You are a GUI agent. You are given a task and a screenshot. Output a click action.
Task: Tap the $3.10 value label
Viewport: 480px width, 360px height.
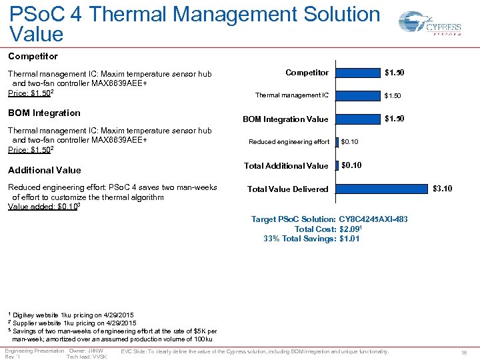pos(442,189)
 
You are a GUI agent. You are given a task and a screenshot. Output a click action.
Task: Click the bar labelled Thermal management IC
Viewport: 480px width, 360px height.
pos(357,95)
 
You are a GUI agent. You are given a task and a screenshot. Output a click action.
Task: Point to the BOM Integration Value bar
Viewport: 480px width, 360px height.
pos(357,119)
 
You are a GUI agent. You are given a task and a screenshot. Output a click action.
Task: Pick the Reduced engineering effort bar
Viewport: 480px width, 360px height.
pos(337,141)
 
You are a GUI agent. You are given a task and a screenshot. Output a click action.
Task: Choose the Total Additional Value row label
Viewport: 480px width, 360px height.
pos(286,165)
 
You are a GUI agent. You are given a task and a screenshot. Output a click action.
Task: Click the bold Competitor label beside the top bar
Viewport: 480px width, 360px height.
pos(307,72)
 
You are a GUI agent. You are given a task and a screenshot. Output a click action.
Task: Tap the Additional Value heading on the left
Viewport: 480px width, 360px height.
pos(45,170)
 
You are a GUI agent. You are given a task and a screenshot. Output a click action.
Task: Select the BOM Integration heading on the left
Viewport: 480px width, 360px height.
pos(44,113)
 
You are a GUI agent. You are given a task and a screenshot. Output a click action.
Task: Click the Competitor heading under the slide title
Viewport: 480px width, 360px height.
pos(33,57)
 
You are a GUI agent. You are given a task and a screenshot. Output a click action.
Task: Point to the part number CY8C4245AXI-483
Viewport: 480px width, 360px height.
pos(373,219)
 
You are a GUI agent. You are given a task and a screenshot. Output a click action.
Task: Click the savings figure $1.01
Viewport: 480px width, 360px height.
pos(349,238)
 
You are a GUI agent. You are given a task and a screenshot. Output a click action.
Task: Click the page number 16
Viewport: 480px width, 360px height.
pos(464,351)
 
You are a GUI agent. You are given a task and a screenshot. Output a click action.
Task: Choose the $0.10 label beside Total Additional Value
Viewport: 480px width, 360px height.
pos(351,165)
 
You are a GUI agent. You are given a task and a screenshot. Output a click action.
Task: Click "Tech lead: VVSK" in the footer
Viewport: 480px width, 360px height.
pos(87,357)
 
